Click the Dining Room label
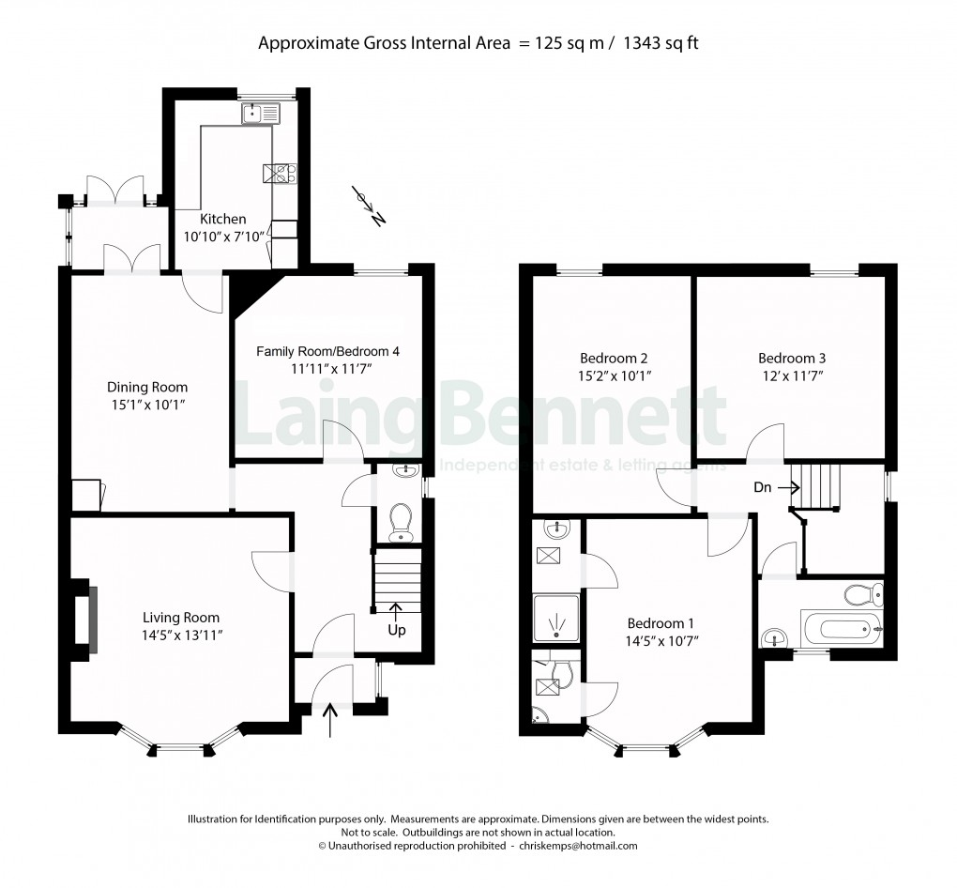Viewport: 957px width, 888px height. tap(147, 387)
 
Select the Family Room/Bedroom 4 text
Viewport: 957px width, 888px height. tap(328, 351)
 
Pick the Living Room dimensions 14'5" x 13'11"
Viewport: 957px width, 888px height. tap(181, 635)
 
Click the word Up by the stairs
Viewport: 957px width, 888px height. tap(397, 630)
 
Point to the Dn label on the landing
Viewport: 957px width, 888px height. tap(763, 487)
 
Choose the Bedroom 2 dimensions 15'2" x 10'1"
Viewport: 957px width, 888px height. tap(615, 375)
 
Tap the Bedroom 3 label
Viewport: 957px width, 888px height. tap(792, 358)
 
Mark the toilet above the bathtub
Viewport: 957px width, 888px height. tap(862, 594)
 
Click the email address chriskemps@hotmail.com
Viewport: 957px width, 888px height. tap(577, 846)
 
